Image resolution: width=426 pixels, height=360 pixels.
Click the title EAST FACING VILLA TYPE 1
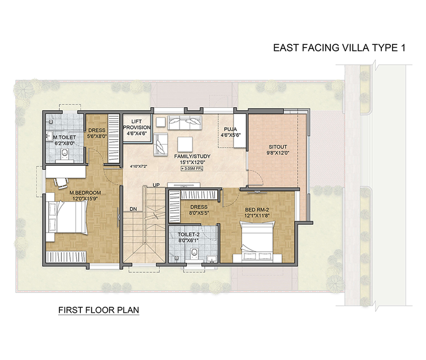click(339, 48)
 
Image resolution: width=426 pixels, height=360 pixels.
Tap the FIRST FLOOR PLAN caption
click(99, 310)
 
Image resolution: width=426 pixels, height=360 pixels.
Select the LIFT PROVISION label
click(137, 124)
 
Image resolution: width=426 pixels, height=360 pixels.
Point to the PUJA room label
click(231, 129)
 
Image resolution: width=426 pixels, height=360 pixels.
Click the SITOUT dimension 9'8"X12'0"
click(278, 153)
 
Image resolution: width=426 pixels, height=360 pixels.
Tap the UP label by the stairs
click(156, 185)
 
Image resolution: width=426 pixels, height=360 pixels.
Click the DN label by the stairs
click(133, 209)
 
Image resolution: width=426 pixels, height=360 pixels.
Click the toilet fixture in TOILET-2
click(194, 254)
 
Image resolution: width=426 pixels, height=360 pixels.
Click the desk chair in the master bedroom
click(61, 183)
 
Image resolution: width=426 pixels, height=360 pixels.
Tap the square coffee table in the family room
click(185, 144)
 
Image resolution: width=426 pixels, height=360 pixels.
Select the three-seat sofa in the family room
click(185, 123)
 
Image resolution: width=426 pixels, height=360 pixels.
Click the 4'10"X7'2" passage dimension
click(138, 166)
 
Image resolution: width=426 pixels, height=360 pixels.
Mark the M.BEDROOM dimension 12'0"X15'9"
click(85, 198)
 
